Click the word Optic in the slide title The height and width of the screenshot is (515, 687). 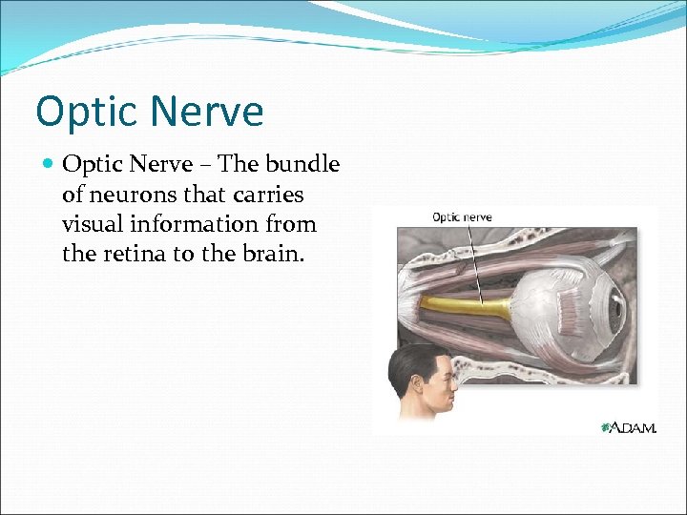(x=83, y=112)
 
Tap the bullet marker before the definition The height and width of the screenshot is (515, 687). (x=49, y=164)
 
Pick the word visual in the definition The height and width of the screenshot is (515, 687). (x=93, y=225)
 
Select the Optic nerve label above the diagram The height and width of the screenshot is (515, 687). (x=462, y=216)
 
